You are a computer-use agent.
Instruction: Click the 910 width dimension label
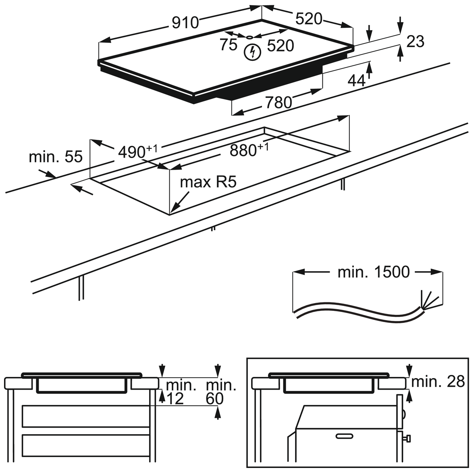tap(186, 23)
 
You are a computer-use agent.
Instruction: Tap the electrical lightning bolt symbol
tap(252, 52)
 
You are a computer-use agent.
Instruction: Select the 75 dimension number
tap(228, 45)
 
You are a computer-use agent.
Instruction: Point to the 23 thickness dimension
tap(415, 42)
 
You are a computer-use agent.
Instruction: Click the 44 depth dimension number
tap(356, 81)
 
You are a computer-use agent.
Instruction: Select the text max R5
tap(207, 183)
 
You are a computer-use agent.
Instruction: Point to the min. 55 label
tap(56, 157)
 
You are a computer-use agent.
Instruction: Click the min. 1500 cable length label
tap(374, 272)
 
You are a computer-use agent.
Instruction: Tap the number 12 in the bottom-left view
tap(175, 399)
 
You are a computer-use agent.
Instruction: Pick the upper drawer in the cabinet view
tap(86, 416)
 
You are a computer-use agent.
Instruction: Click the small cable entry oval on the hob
tap(250, 37)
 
